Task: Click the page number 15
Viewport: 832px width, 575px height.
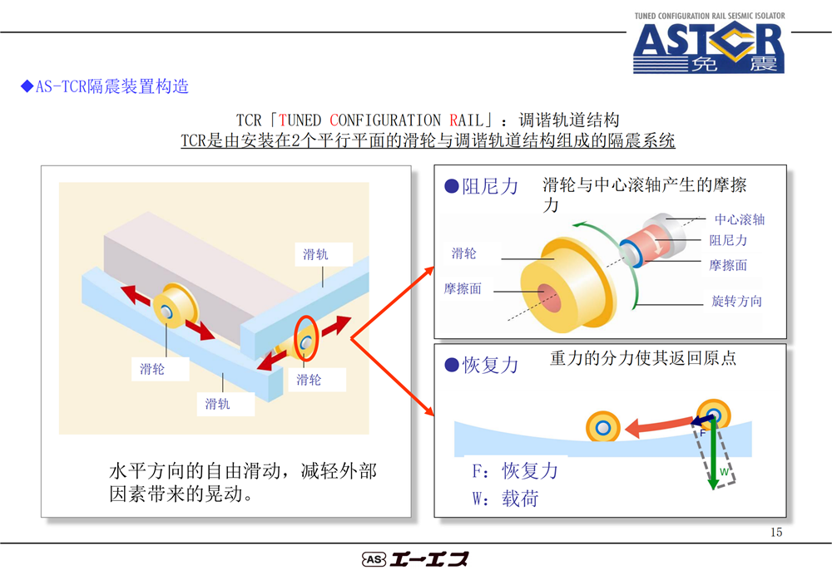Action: pos(776,532)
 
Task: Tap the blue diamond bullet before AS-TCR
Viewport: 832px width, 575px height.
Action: pos(27,86)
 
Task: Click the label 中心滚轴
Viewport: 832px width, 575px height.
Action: pos(739,219)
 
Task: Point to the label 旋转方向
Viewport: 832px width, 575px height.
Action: pos(736,301)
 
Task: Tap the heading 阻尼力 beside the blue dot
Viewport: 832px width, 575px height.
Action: pos(490,187)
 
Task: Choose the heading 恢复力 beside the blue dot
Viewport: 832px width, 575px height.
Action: pos(490,365)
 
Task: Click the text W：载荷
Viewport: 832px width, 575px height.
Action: pos(505,499)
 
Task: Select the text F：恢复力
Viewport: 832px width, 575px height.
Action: pos(515,470)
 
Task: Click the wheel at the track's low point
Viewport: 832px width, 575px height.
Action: pos(602,427)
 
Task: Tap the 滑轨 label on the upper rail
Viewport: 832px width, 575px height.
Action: pos(315,254)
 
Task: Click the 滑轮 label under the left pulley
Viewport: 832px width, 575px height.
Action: pos(151,369)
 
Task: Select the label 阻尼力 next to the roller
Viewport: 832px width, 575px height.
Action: pos(728,241)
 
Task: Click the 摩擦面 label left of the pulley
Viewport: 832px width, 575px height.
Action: pos(463,289)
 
